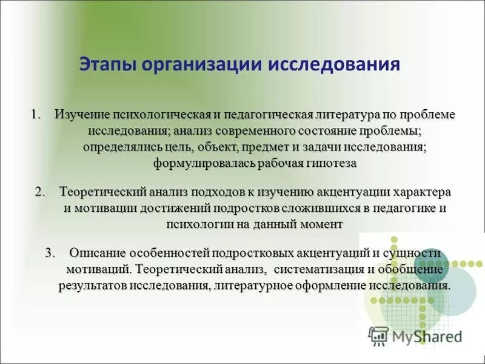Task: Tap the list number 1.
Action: tap(36, 114)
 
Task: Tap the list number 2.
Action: tap(39, 192)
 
